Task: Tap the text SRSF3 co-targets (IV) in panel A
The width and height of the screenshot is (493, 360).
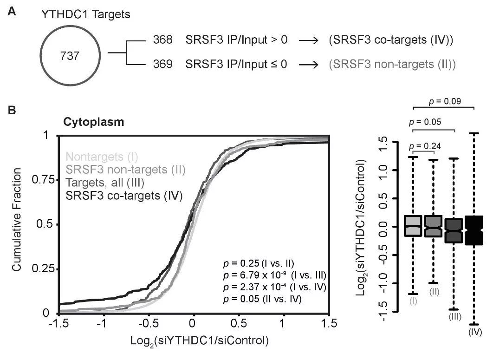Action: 388,40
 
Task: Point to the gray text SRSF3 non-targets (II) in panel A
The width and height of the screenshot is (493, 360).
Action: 388,64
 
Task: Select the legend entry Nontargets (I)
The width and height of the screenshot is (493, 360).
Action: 102,157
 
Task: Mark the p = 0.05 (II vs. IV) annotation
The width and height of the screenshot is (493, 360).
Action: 262,300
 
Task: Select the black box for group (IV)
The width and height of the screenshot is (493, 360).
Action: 474,230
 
